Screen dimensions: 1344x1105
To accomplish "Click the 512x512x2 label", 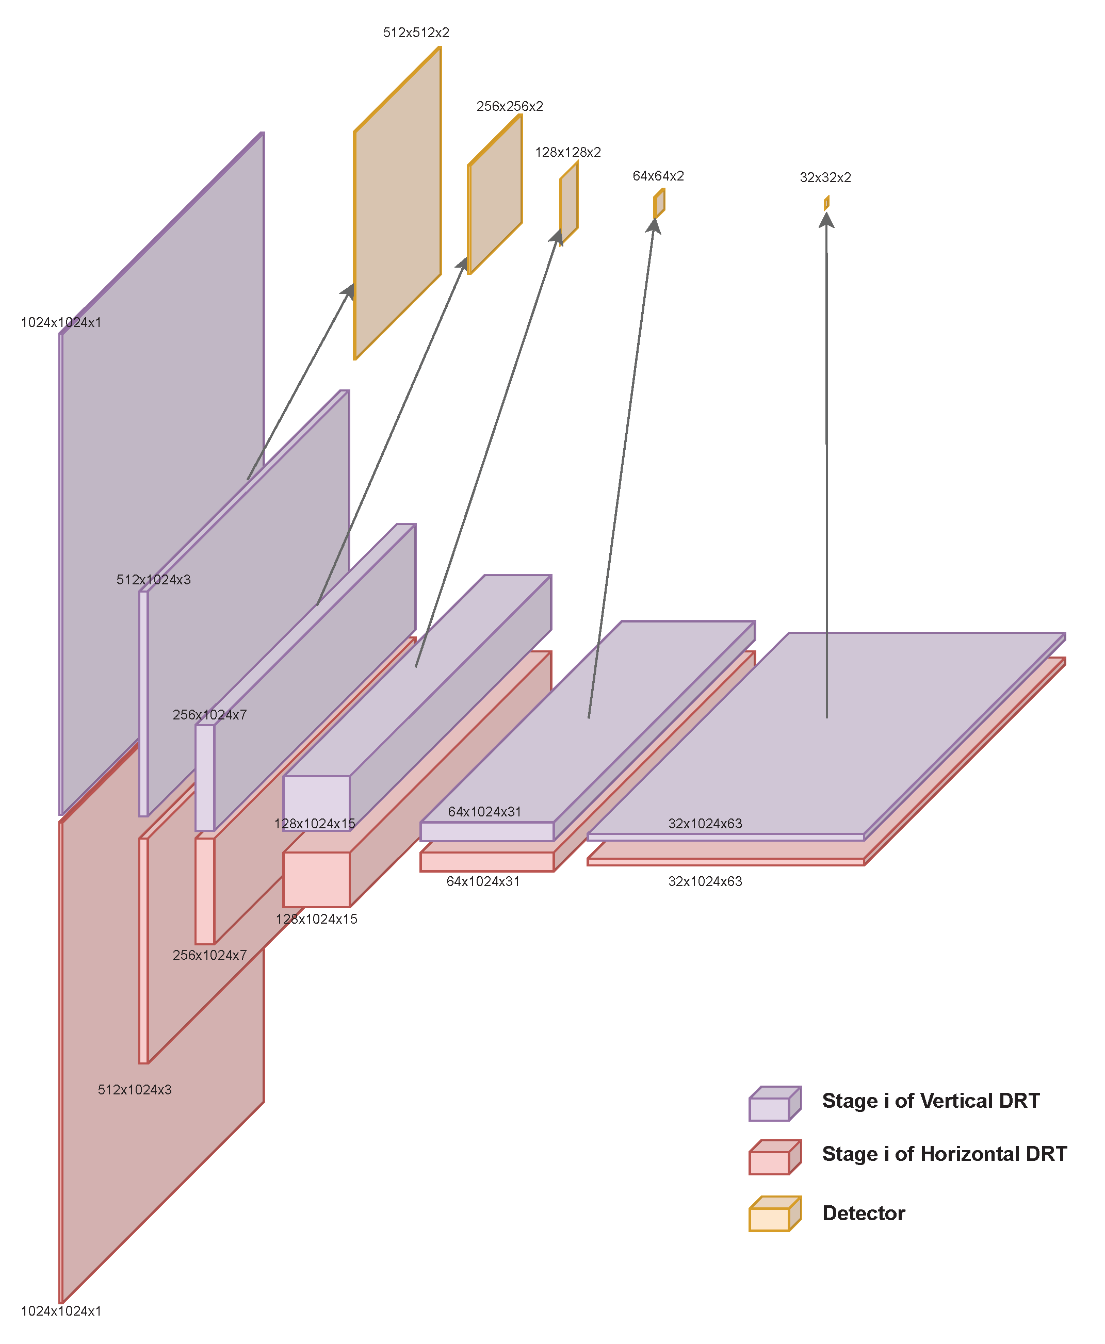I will click(x=416, y=32).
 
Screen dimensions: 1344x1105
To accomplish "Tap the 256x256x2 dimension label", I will click(x=509, y=106).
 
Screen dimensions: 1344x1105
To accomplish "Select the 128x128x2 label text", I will click(x=568, y=152).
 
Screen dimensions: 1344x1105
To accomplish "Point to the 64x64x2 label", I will click(x=658, y=176).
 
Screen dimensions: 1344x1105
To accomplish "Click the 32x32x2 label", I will click(x=825, y=177).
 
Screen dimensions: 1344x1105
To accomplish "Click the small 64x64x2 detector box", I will click(x=659, y=203).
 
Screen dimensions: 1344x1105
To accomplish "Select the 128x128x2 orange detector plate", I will click(x=569, y=202).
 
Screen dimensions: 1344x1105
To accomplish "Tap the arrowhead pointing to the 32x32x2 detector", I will click(x=826, y=220).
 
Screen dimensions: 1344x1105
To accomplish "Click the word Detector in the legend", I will click(x=863, y=1213).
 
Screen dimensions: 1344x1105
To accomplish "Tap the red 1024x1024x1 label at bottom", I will click(x=61, y=1311).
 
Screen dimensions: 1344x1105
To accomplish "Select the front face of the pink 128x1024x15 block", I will click(x=316, y=879).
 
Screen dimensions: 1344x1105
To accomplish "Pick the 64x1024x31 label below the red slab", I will click(x=483, y=881).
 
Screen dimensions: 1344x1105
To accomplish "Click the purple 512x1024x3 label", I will click(x=153, y=580).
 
